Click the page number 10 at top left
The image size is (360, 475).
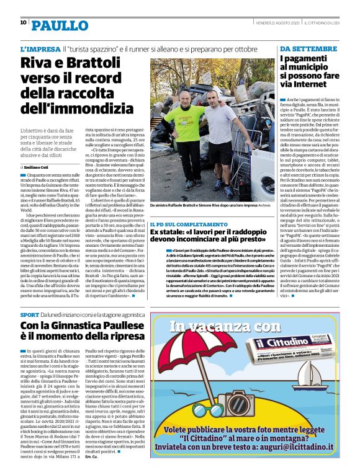(23, 22)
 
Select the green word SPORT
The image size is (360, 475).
(29, 316)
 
